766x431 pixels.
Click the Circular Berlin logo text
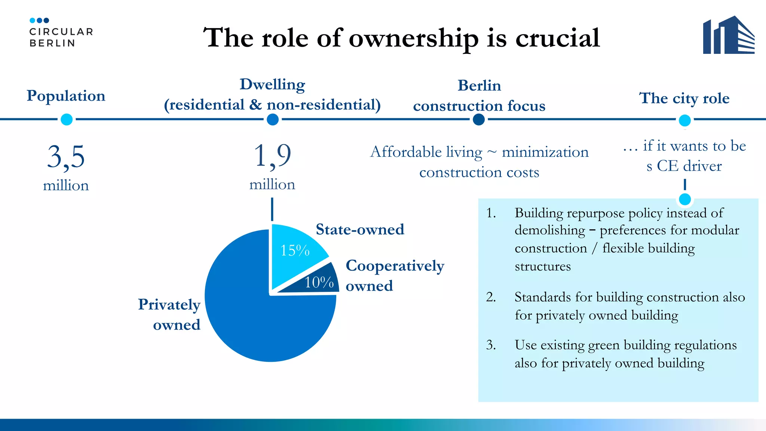pos(61,37)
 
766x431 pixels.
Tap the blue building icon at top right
pos(728,35)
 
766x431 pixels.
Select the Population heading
pos(66,96)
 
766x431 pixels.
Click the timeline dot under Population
pos(67,120)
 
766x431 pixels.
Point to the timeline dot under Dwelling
pos(273,120)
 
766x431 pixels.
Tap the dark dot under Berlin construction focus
pos(479,120)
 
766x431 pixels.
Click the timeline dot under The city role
pos(684,120)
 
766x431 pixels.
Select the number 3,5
pos(66,157)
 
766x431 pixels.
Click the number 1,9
pos(272,156)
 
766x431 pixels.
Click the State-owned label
pos(360,229)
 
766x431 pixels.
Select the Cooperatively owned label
pos(395,276)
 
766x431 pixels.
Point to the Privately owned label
pos(169,315)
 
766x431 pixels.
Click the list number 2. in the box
pos(491,297)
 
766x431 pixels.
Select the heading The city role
pos(684,98)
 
